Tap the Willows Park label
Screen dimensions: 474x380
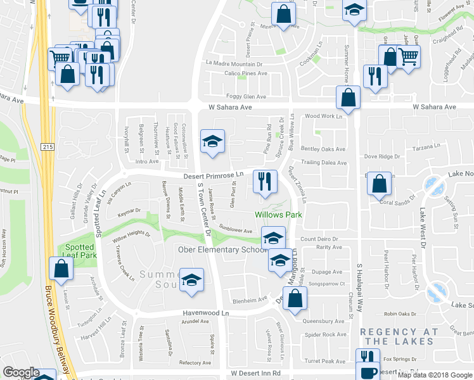coord(278,215)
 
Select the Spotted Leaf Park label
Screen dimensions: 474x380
coord(79,251)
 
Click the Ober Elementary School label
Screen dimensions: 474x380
coord(222,250)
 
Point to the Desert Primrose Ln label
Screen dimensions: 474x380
coord(214,175)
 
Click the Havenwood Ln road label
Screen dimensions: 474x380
coord(196,313)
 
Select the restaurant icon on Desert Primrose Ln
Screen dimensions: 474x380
coord(264,181)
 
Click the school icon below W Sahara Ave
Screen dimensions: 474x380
coord(213,141)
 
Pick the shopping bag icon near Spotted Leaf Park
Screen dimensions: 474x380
coord(60,268)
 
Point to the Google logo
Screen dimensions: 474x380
coord(20,372)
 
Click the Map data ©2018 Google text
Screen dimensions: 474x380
coord(434,375)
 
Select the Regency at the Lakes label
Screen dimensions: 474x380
coord(399,336)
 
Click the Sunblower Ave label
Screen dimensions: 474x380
coord(236,231)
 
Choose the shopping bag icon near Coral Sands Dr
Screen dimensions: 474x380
coord(379,184)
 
